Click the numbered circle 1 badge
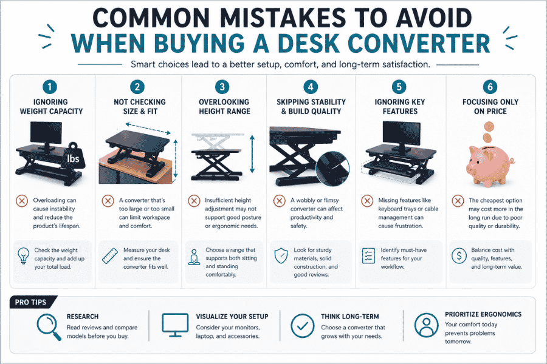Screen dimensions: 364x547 coord(52,87)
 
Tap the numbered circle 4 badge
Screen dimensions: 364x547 coord(312,87)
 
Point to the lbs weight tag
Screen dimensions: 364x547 coord(78,158)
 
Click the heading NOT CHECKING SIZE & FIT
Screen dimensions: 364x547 coord(138,107)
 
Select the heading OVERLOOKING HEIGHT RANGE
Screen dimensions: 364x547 coord(224,107)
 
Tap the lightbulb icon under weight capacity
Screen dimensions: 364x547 coord(24,255)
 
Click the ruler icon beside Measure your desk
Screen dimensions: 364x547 coord(110,255)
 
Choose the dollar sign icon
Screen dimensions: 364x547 coord(460,255)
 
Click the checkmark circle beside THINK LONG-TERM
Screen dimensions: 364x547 coord(302,325)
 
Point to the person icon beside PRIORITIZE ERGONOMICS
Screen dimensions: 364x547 coord(427,325)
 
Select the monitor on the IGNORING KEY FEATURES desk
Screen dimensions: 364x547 coord(401,135)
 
